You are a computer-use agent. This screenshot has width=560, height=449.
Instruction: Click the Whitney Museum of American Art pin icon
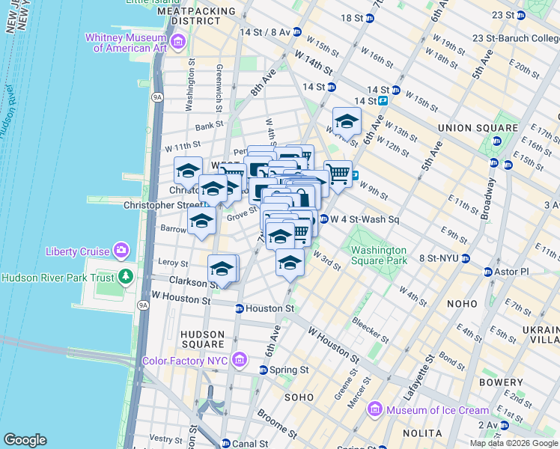point(177,41)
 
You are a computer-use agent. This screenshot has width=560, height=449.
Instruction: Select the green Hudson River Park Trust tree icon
point(125,277)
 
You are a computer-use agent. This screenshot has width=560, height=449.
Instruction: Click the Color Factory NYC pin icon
point(239,360)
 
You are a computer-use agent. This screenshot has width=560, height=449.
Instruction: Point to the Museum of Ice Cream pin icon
point(375,410)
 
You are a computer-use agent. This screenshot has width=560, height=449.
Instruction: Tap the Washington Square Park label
point(379,255)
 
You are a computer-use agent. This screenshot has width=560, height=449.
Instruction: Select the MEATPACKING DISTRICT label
point(197,16)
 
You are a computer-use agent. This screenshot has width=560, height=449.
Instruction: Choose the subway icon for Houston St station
point(240,308)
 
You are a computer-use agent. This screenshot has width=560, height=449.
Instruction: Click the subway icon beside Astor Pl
point(487,272)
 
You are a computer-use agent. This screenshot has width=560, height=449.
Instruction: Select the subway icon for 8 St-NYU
point(465,258)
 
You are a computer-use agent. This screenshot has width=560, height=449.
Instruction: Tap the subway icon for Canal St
point(225,444)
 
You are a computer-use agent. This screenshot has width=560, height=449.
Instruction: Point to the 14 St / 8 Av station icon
point(297,32)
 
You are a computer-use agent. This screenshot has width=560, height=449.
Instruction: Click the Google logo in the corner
point(25,440)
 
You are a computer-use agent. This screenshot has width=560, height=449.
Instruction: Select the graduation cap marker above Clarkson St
point(222,268)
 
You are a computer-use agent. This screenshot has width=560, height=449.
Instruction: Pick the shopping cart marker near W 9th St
point(338,174)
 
